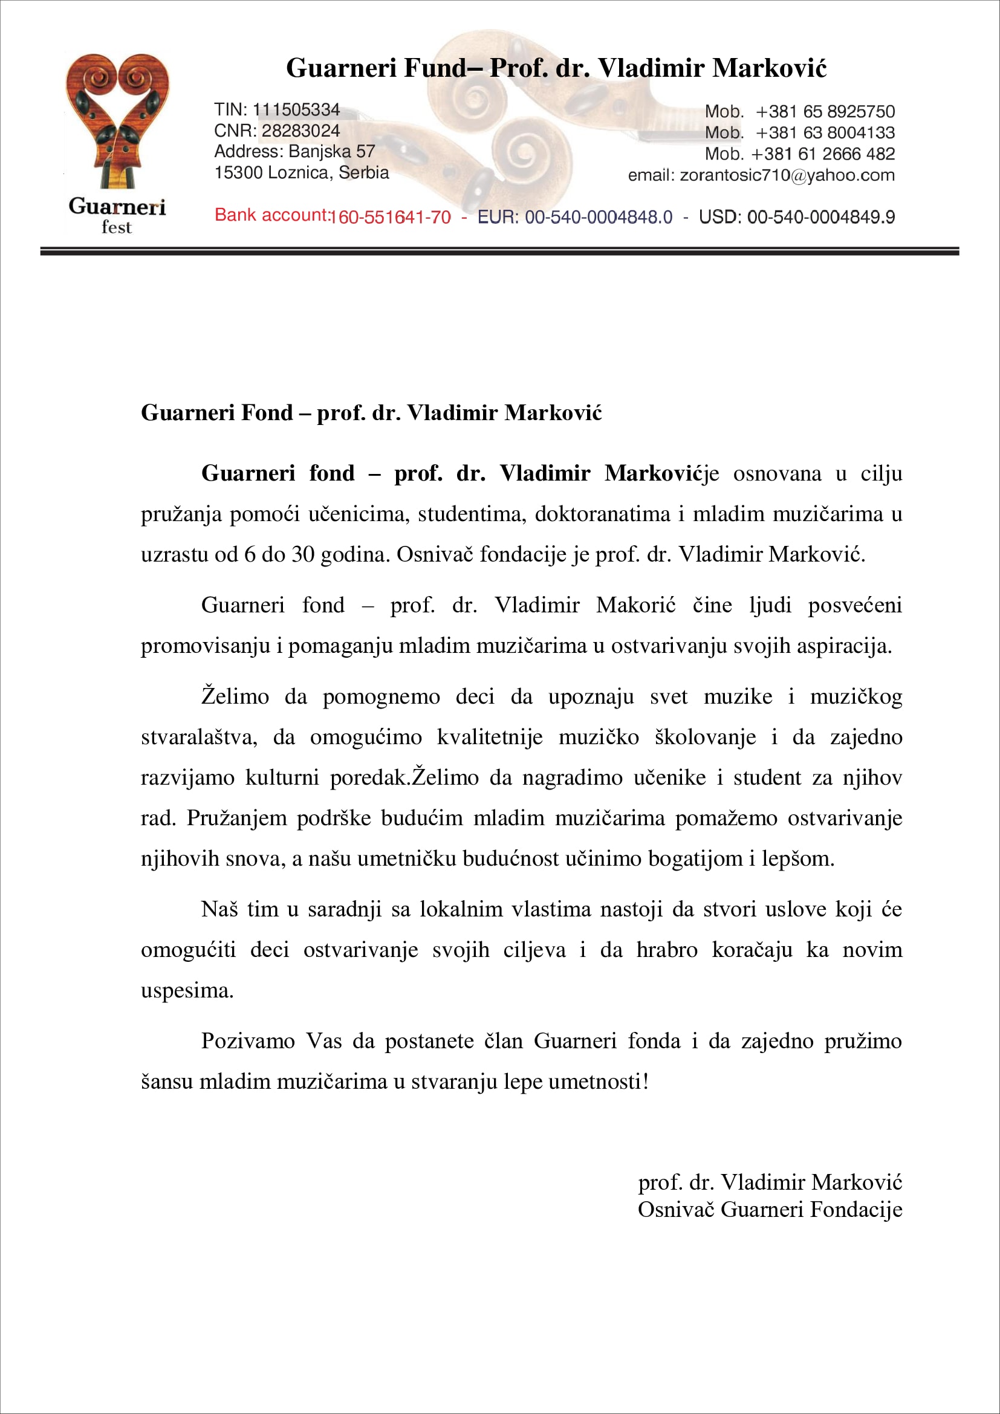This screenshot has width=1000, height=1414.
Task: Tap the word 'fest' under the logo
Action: tap(116, 227)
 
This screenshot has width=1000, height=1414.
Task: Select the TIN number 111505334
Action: tap(296, 109)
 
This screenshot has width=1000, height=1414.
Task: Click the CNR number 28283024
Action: tap(300, 131)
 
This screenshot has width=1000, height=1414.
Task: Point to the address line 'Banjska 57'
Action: tap(332, 152)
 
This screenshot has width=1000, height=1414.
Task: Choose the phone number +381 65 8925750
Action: tap(825, 111)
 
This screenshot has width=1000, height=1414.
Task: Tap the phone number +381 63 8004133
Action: tap(825, 132)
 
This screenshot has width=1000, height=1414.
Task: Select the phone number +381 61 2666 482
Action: tap(823, 154)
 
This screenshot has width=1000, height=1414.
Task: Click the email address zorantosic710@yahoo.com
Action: tap(787, 175)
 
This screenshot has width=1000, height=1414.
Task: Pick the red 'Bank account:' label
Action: tap(271, 215)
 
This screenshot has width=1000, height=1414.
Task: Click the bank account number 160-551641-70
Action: tap(391, 217)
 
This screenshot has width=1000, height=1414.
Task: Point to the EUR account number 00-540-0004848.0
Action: tap(598, 217)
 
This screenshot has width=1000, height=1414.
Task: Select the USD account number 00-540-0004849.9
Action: tap(821, 217)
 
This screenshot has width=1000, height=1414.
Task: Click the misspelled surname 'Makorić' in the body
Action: tap(635, 605)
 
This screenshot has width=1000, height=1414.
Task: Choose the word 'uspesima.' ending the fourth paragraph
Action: tap(187, 990)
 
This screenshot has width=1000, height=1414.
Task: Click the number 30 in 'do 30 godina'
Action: tap(303, 554)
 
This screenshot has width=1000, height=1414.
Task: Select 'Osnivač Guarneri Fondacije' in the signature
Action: tap(770, 1209)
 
